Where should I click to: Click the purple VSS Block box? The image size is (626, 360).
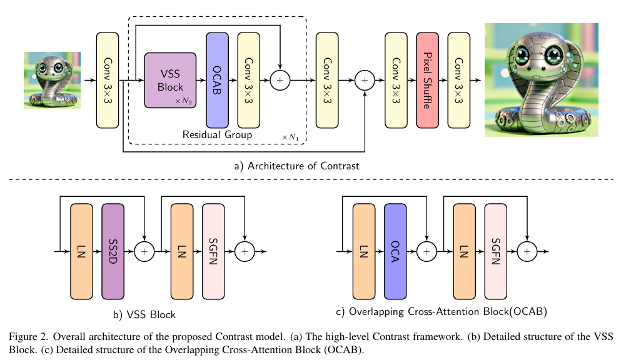170,80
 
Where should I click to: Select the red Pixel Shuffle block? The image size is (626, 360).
427,81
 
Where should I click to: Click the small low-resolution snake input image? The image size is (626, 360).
53,80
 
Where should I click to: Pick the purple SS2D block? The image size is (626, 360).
113,251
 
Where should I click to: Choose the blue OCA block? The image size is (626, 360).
395,251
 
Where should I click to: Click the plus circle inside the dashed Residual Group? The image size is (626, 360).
280,80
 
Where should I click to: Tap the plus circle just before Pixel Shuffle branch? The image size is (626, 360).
365,80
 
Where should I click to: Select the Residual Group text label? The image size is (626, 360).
217,134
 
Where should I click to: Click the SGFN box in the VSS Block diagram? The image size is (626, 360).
213,251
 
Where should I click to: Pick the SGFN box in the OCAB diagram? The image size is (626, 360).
495,251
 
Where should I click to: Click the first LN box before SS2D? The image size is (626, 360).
82,251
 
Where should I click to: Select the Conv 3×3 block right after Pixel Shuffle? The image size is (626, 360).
459,81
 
